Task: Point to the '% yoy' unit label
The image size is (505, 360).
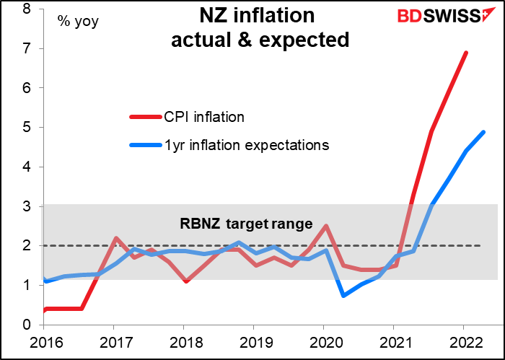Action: (x=78, y=22)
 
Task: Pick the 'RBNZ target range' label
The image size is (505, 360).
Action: (x=246, y=224)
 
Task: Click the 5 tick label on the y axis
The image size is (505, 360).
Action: (x=27, y=128)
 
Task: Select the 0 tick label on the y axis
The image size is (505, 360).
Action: (x=27, y=325)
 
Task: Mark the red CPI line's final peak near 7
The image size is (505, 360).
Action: (x=466, y=53)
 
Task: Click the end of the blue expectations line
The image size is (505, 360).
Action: (x=483, y=132)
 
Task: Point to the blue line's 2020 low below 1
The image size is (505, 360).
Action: (x=343, y=296)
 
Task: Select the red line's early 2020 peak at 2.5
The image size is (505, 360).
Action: (x=325, y=226)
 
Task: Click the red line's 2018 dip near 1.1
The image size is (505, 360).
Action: (x=185, y=281)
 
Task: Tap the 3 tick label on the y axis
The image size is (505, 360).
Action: (x=27, y=206)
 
